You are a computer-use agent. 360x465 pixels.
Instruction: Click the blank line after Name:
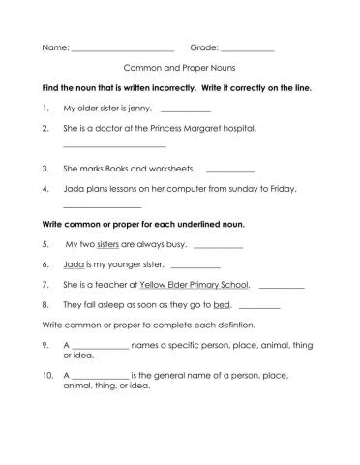(122, 47)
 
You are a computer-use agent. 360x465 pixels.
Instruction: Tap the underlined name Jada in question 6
(72, 264)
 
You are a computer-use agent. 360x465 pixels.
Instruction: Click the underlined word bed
(223, 304)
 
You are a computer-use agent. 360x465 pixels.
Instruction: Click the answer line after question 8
(258, 305)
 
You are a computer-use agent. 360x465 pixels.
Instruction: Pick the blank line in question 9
(101, 346)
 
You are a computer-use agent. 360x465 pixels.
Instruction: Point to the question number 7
(45, 285)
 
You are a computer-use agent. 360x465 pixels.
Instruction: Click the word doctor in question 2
(110, 127)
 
